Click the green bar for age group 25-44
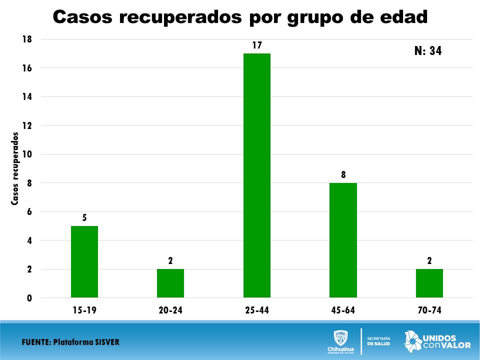point(257,175)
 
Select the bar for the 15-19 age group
point(84,261)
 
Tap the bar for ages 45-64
point(343,240)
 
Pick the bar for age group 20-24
point(170,283)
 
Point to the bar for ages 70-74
point(429,283)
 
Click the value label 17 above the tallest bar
point(257,45)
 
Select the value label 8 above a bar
point(343,174)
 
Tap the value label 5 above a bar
point(84,218)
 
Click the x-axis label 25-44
point(257,310)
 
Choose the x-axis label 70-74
point(429,310)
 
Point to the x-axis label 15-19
point(84,310)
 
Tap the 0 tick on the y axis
point(29,298)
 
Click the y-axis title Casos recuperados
point(15,168)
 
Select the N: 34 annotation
point(428,50)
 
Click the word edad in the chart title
point(403,17)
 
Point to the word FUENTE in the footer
point(35,342)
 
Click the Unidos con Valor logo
point(437,340)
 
